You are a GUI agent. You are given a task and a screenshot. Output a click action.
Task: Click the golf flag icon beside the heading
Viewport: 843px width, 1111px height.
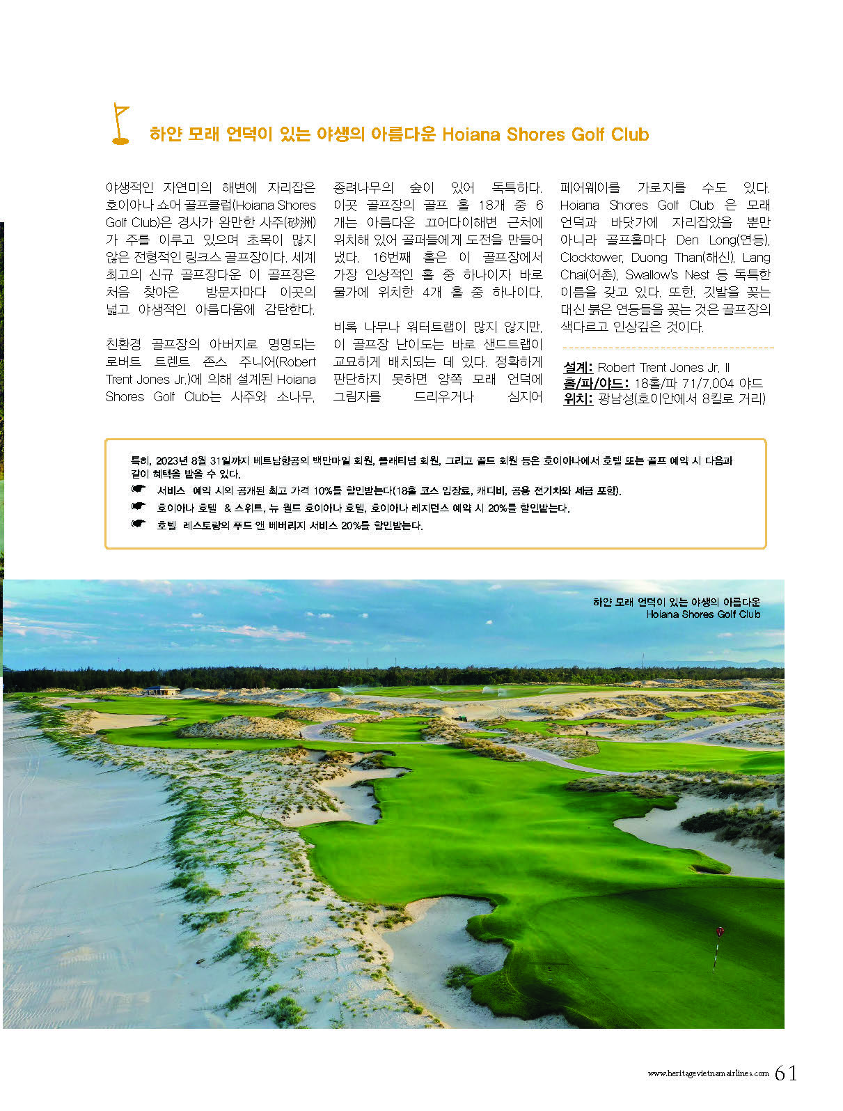point(120,124)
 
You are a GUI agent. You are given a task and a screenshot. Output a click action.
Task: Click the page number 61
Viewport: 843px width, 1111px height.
point(786,1073)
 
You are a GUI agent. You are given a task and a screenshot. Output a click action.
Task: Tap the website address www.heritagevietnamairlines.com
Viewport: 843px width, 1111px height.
point(708,1073)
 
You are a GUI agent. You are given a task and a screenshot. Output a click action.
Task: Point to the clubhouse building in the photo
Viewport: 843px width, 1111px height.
point(161,690)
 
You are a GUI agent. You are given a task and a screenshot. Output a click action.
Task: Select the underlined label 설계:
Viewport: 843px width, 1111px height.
point(578,367)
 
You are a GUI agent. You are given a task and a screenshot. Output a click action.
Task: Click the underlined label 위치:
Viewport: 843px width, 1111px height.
point(578,398)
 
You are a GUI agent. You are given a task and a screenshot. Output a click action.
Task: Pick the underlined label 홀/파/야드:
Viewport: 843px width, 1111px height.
point(596,383)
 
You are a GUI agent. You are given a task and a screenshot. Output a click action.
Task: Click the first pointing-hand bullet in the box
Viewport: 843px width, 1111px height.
point(138,490)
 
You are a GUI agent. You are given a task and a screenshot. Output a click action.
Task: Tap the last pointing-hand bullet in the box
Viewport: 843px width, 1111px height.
point(138,524)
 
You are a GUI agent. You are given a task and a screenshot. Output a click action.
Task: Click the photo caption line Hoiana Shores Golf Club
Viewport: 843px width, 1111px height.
point(702,614)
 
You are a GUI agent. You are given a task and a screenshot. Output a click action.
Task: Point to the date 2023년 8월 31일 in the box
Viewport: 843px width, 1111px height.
point(182,460)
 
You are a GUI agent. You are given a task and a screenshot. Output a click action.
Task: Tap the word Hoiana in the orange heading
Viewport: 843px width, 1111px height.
point(471,134)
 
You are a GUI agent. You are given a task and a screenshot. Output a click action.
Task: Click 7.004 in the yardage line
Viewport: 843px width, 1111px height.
point(716,383)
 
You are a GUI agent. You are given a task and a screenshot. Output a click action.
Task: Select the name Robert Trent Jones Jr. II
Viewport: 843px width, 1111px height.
point(663,367)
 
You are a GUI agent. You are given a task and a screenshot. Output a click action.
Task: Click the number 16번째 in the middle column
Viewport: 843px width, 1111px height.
point(393,257)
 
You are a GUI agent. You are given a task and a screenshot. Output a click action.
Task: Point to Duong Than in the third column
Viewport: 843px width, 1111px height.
point(667,257)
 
